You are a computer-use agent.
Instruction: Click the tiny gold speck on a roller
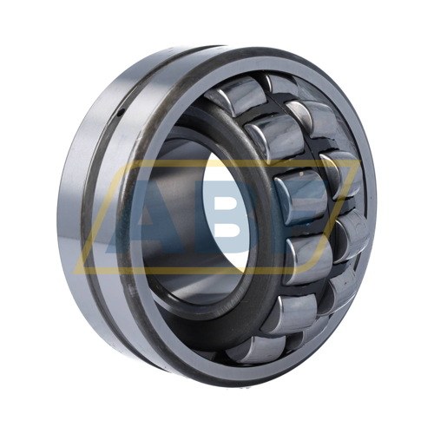tap(302, 174)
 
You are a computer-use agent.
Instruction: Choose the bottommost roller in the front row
tap(255, 350)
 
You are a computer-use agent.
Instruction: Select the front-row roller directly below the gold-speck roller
tap(307, 259)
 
